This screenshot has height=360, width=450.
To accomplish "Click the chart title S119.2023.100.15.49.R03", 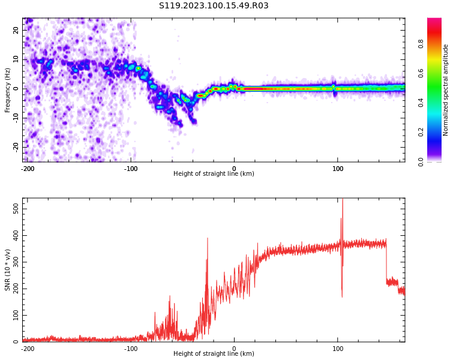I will tap(214, 6).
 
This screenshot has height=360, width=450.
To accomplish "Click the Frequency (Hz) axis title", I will tap(8, 90).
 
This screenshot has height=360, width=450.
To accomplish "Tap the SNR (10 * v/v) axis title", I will tap(8, 270).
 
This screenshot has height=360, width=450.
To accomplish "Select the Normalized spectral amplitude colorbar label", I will tap(446, 90).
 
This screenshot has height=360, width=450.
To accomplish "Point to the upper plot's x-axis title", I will tap(214, 174).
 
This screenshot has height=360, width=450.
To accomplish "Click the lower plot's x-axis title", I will tap(214, 354).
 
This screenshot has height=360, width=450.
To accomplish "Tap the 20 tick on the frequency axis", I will tap(16, 30).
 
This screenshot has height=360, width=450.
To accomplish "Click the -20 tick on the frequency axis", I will tap(15, 146).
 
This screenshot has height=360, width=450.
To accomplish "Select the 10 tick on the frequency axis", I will tap(16, 59).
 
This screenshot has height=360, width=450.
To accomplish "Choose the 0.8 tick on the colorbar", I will tap(437, 44).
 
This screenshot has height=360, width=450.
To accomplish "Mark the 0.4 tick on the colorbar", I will tap(437, 103).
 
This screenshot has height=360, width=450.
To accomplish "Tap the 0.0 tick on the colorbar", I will tap(437, 161).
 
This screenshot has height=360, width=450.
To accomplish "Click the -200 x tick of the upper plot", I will tap(28, 168).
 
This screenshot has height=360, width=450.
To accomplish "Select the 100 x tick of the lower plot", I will tap(338, 348).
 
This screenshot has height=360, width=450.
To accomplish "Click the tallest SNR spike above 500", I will tap(343, 202).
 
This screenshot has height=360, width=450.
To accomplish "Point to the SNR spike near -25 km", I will tap(208, 239).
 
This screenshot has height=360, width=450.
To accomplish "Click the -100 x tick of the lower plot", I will tap(131, 348).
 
